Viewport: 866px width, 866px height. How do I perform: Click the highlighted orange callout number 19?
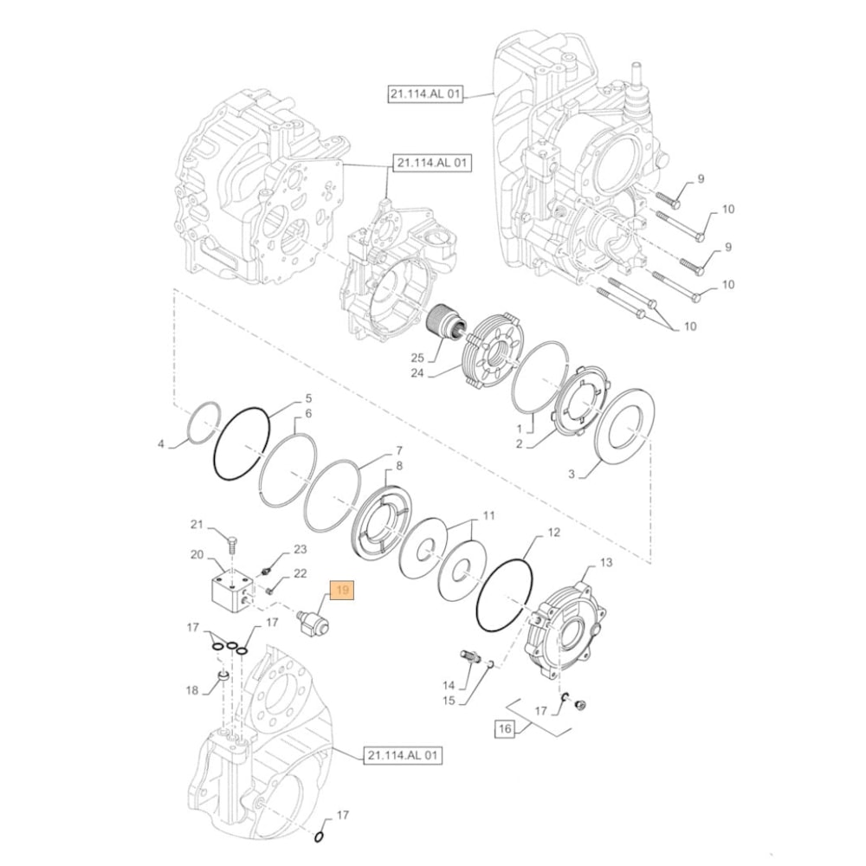(x=342, y=592)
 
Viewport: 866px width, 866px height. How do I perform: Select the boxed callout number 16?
(x=505, y=729)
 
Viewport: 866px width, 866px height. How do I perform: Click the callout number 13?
(x=605, y=563)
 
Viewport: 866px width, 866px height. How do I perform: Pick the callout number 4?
(x=160, y=445)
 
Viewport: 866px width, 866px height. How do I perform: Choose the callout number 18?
(x=192, y=690)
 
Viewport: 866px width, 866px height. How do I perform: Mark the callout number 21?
(x=197, y=525)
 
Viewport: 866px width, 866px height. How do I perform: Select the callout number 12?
(x=553, y=533)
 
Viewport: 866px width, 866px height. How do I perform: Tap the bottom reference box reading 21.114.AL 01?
(x=403, y=756)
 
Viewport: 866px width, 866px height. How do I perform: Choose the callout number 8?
(x=398, y=467)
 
